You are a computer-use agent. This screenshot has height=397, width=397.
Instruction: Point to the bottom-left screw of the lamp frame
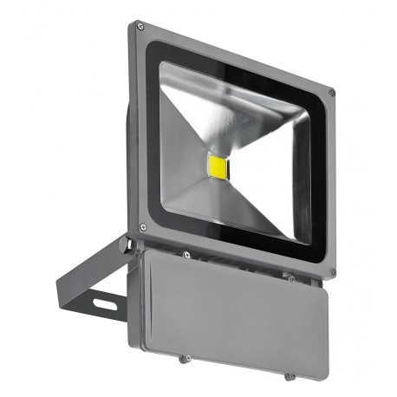142,228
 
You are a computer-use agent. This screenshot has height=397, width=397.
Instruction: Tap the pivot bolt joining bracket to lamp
127,245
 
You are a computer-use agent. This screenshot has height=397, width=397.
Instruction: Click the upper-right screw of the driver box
291,278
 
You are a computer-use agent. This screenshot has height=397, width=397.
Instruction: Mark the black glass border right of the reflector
318,182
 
